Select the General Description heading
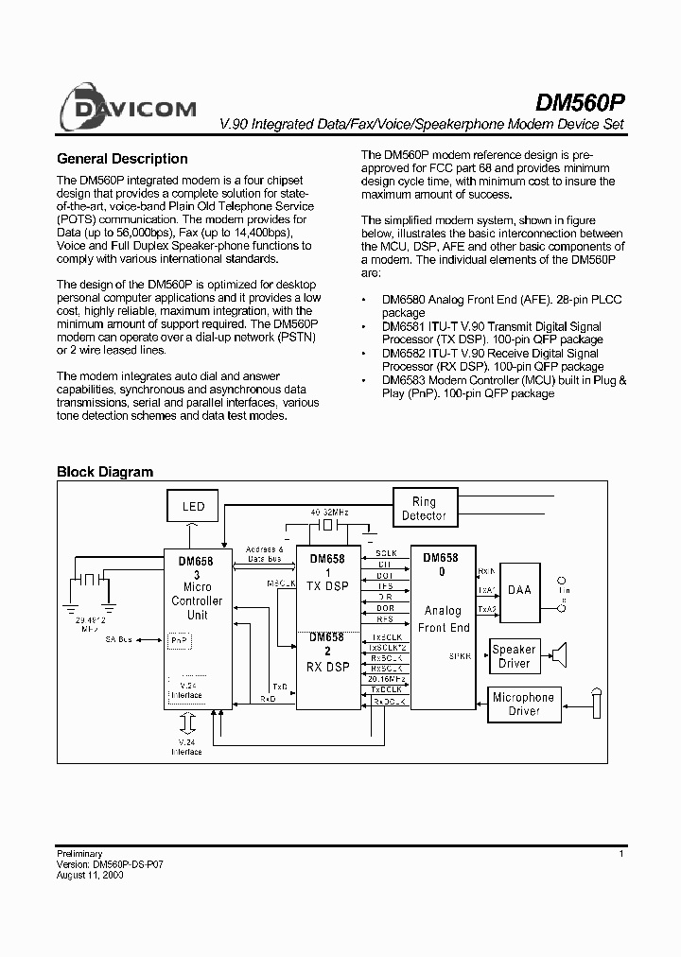coord(122,159)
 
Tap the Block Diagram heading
coord(105,472)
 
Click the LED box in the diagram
coord(193,507)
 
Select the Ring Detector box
coord(424,509)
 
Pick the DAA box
coord(519,589)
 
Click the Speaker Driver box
coord(514,656)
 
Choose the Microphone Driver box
coord(523,705)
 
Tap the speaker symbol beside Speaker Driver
coord(560,655)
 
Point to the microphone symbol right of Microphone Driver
coord(597,705)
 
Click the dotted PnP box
coord(179,640)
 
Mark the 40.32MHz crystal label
coord(329,512)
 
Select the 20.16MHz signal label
coord(387,679)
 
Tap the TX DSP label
coord(326,586)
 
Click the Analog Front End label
coord(443,619)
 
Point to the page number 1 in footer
coord(620,854)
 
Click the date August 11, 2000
coord(90,876)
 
